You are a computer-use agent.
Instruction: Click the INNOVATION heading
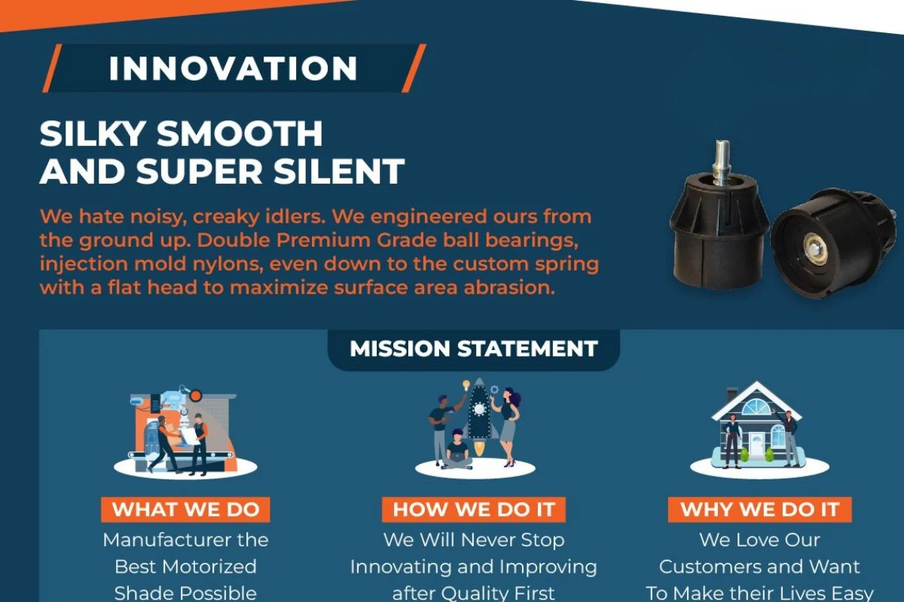coord(234,68)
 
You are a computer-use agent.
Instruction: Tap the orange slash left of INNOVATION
coord(52,68)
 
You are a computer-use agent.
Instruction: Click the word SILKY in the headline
coord(93,133)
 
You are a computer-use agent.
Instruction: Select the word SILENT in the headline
coord(339,171)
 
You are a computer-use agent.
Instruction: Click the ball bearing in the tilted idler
coord(815,250)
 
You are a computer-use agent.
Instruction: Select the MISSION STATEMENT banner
coord(473,348)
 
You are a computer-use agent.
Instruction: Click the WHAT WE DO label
coord(185,509)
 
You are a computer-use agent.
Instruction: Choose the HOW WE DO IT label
coord(474,509)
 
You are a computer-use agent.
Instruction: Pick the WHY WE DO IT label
coord(760,509)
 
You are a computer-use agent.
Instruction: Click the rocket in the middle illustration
coord(479,415)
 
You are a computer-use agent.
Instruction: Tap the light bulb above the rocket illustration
coord(466,385)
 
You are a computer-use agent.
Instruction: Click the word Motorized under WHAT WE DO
coord(216,567)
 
